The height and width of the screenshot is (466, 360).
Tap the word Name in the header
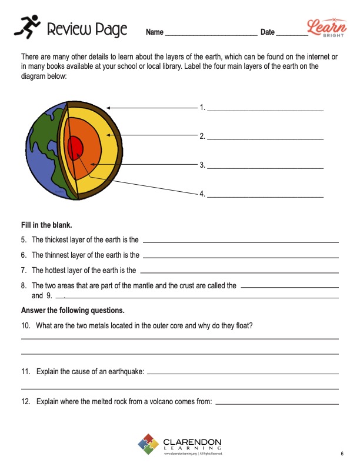point(154,32)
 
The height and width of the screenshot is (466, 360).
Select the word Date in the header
point(268,32)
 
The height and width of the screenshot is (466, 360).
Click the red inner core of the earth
point(75,148)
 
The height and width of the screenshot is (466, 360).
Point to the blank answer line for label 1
point(265,109)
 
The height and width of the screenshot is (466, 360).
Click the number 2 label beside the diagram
point(202,137)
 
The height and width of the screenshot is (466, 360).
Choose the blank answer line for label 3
point(265,168)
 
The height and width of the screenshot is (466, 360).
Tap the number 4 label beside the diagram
point(202,194)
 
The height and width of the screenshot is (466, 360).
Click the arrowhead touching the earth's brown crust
point(109,108)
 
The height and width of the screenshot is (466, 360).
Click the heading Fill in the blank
point(46,225)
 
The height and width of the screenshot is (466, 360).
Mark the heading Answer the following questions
point(72,310)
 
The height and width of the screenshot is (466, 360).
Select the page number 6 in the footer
point(342,454)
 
